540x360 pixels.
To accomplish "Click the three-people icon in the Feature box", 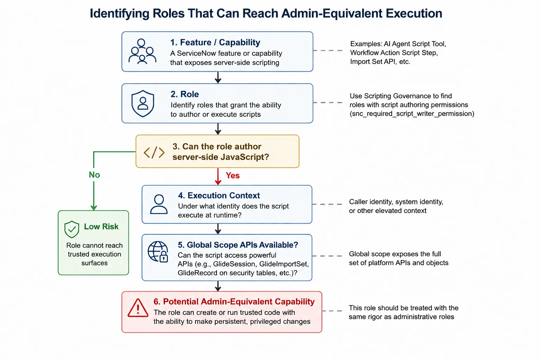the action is (142, 51).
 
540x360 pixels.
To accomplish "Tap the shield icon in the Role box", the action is (143, 103).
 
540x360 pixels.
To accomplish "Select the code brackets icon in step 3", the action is (154, 152).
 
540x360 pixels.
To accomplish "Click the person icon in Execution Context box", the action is (159, 204).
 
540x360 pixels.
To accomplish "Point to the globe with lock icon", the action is (158, 252).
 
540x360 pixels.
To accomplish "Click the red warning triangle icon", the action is (138, 308).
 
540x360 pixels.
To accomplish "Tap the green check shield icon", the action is (72, 229).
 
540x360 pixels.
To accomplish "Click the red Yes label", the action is (233, 175).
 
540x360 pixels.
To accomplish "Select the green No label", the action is (94, 175).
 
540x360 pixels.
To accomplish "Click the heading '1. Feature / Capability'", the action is (215, 43).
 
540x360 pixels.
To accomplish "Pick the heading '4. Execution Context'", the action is (219, 195).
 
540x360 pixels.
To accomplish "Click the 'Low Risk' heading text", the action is (101, 226).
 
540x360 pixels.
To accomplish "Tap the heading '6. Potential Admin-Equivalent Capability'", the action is (234, 301).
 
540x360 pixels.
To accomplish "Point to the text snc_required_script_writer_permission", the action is (412, 114).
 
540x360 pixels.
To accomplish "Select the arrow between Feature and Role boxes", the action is (218, 77).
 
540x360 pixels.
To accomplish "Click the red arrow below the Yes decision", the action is (218, 176).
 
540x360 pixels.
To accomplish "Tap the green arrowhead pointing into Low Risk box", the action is (94, 208).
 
